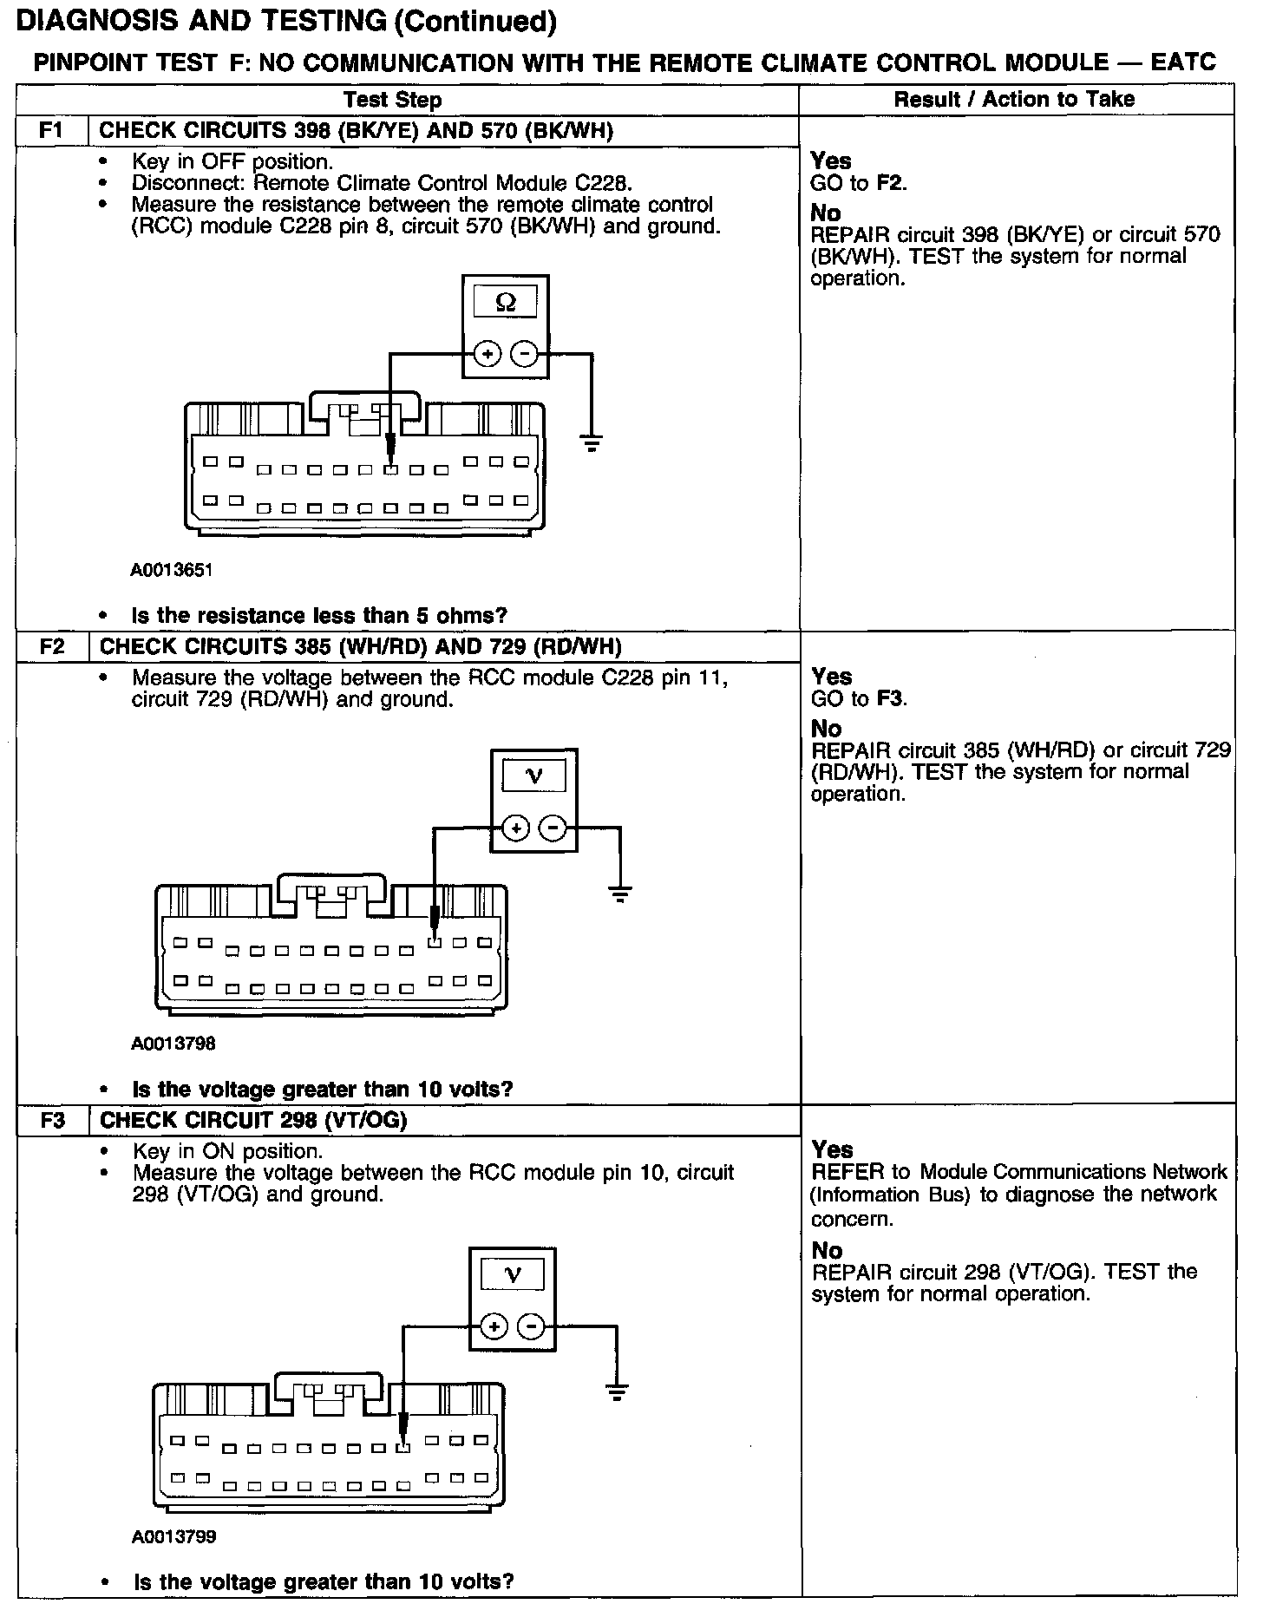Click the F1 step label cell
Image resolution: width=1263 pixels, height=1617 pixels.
click(x=52, y=130)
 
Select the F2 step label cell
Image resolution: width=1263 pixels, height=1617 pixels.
click(x=52, y=646)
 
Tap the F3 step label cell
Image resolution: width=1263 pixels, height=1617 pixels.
click(x=52, y=1120)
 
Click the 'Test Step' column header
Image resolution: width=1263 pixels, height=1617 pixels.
click(x=392, y=100)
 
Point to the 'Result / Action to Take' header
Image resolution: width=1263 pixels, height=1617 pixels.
click(x=1014, y=99)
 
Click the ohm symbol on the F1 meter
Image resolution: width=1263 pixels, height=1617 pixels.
click(x=505, y=302)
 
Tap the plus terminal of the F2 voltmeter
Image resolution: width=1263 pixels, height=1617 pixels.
click(x=516, y=828)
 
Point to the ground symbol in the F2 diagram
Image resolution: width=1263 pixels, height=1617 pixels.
click(x=619, y=894)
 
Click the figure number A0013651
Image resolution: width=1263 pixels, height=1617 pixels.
click(x=172, y=570)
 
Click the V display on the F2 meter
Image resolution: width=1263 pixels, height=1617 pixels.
click(x=534, y=776)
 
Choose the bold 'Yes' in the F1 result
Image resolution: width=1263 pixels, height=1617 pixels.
click(x=831, y=160)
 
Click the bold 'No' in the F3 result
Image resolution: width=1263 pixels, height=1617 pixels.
click(x=827, y=1250)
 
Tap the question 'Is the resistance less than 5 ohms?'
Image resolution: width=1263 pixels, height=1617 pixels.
click(x=319, y=616)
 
